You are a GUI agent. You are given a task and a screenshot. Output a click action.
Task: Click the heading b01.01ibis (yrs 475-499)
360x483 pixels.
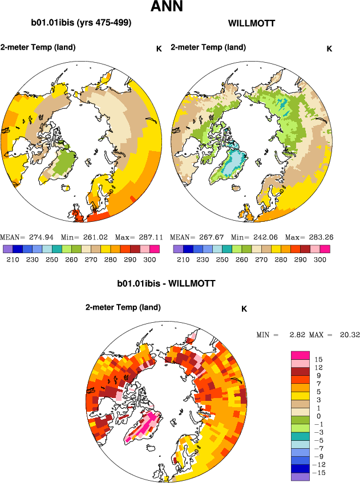pyautogui.click(x=81, y=23)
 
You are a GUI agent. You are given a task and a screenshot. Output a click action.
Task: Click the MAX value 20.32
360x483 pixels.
pyautogui.click(x=347, y=335)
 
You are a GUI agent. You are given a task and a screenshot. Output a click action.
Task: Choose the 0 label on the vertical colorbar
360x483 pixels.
pyautogui.click(x=318, y=416)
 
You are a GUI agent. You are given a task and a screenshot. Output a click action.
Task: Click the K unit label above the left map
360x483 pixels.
pyautogui.click(x=159, y=48)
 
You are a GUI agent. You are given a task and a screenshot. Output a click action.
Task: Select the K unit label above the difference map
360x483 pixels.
pyautogui.click(x=244, y=309)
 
